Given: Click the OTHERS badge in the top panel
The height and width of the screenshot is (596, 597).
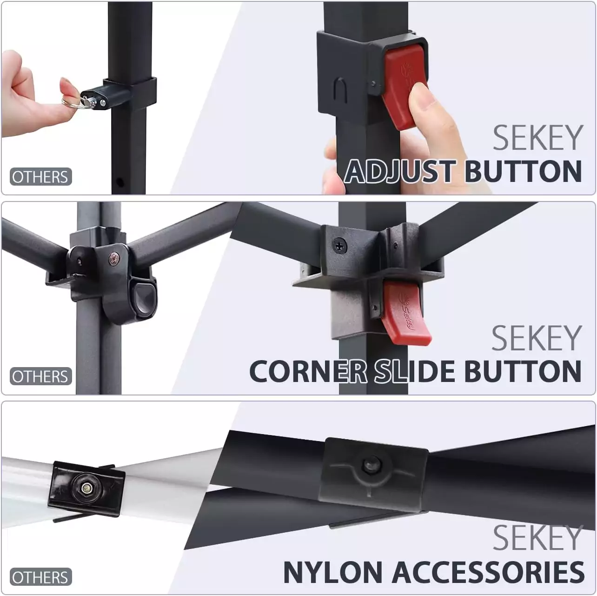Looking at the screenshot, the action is (40, 177).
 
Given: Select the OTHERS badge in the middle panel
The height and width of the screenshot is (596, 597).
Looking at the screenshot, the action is (40, 376).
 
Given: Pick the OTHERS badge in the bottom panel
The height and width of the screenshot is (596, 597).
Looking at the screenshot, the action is (40, 577).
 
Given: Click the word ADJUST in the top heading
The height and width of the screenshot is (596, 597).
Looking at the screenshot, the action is (400, 172).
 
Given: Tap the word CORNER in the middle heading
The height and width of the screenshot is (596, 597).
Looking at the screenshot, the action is (308, 371).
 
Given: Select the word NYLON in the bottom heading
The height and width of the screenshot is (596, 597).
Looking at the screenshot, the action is (333, 572).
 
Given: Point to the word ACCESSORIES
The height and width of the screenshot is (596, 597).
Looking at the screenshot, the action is (488, 572).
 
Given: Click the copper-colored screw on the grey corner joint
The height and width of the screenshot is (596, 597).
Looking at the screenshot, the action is (114, 258).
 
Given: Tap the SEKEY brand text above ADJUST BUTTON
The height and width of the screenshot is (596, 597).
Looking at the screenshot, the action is (538, 138).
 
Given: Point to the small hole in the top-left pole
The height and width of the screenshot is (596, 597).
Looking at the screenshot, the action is (120, 181).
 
